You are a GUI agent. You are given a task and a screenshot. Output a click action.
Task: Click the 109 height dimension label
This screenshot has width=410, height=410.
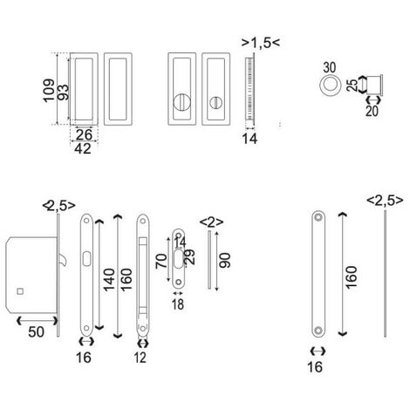coord(50,88)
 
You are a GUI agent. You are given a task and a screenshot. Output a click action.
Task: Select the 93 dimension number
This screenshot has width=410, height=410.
coord(65,87)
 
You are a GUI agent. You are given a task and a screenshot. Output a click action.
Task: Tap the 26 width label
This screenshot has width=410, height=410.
coord(85,134)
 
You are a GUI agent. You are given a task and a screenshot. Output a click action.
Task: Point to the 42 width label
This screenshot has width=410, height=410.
coord(84,148)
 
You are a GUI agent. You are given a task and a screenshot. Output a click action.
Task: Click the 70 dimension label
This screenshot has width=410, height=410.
coord(161,263)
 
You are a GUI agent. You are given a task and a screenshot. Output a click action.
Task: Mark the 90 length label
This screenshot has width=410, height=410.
coord(226,261)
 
